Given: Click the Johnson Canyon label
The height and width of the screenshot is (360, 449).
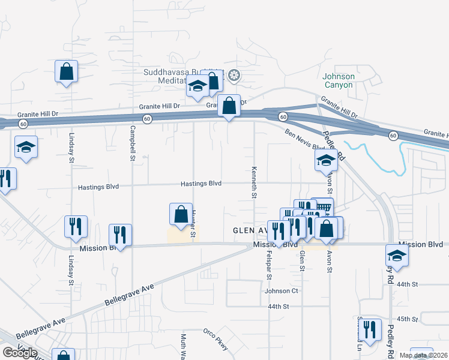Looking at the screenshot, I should click(x=339, y=80).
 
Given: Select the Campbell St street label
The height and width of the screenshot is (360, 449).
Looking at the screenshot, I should click(x=131, y=144).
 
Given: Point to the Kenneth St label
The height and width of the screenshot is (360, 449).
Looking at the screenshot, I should click(x=255, y=182).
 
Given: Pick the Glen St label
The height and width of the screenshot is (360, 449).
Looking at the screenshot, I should click(x=301, y=260).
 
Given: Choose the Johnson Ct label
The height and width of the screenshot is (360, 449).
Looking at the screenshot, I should click(x=282, y=291).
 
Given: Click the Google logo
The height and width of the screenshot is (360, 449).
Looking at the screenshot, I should click(x=19, y=353).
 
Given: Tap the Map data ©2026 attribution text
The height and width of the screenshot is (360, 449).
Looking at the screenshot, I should click(x=423, y=355).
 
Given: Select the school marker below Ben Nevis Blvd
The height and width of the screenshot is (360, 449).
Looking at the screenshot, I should click(x=326, y=160).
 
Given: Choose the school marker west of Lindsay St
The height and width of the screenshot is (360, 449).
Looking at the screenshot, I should click(x=26, y=148).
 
